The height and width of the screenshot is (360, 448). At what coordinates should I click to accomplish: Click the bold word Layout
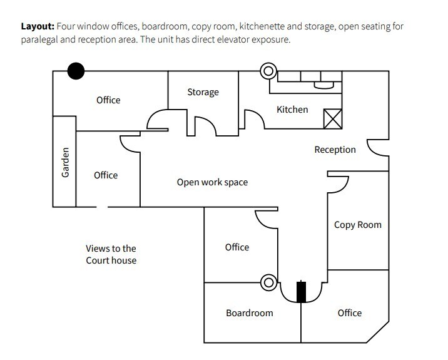(x=38, y=27)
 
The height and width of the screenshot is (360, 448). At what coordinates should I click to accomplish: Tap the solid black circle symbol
(x=76, y=71)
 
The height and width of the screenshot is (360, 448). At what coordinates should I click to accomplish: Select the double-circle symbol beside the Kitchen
(x=269, y=71)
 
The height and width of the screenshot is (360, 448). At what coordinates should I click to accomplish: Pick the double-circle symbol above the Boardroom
(x=269, y=283)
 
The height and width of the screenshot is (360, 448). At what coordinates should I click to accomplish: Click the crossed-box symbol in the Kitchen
(x=332, y=118)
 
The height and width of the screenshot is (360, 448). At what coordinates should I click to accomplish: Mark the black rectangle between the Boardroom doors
(x=302, y=292)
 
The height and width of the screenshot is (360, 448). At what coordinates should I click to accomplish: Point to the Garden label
(x=65, y=162)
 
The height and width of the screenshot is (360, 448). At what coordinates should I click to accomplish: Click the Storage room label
(x=203, y=92)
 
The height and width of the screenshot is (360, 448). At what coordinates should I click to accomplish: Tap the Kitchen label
(x=292, y=110)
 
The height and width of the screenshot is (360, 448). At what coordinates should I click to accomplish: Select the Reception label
(x=335, y=150)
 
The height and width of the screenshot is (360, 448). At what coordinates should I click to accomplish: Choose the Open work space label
(x=212, y=182)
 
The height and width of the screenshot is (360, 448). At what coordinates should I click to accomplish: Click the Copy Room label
(x=357, y=225)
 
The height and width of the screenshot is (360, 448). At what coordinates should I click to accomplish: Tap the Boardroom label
(x=249, y=312)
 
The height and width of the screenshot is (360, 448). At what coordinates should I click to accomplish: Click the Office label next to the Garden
(x=106, y=175)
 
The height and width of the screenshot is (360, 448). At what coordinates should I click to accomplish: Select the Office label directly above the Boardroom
(x=237, y=247)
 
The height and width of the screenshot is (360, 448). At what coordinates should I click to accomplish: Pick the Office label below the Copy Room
(x=350, y=312)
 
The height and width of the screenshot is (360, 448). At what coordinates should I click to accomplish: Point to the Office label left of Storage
(x=108, y=100)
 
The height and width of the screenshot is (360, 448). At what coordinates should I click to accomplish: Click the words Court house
(x=111, y=260)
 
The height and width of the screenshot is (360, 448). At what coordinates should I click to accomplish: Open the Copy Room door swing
(x=339, y=184)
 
